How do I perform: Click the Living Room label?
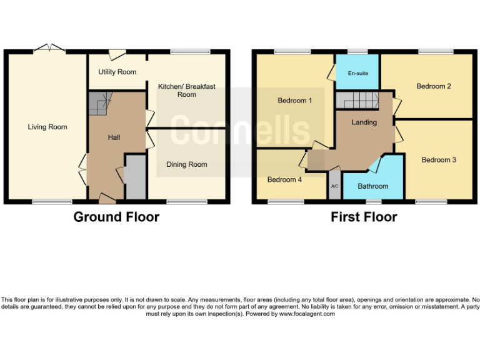(x=47, y=127)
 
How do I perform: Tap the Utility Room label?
(x=117, y=72)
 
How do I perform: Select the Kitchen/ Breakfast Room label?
(x=186, y=91)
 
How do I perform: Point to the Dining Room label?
(x=186, y=164)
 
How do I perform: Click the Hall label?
(x=114, y=137)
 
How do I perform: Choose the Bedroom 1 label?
(x=295, y=100)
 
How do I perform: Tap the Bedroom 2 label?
(x=434, y=86)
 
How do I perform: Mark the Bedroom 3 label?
(x=439, y=160)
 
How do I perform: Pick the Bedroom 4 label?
(x=284, y=179)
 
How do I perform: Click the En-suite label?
(x=358, y=74)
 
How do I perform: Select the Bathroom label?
(x=373, y=186)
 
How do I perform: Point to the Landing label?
(x=364, y=122)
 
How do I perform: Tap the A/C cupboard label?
(x=334, y=187)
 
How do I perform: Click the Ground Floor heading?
(x=116, y=217)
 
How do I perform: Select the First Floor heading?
(x=364, y=217)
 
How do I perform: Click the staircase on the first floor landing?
(x=358, y=99)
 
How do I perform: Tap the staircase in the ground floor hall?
(x=98, y=103)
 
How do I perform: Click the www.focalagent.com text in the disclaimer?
(x=306, y=314)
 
